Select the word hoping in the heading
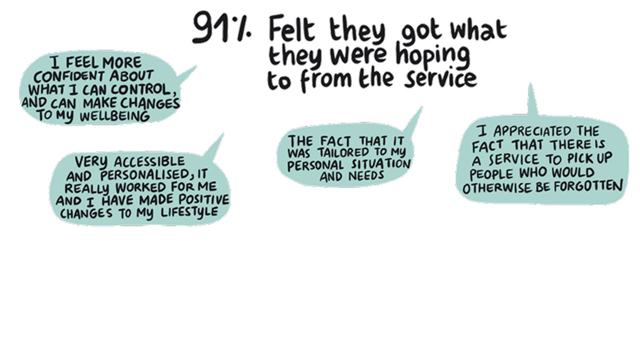pyautogui.click(x=433, y=55)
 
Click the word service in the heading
pyautogui.click(x=440, y=78)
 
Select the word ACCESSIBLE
pyautogui.click(x=149, y=162)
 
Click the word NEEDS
pyautogui.click(x=366, y=175)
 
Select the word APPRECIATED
pyautogui.click(x=528, y=131)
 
